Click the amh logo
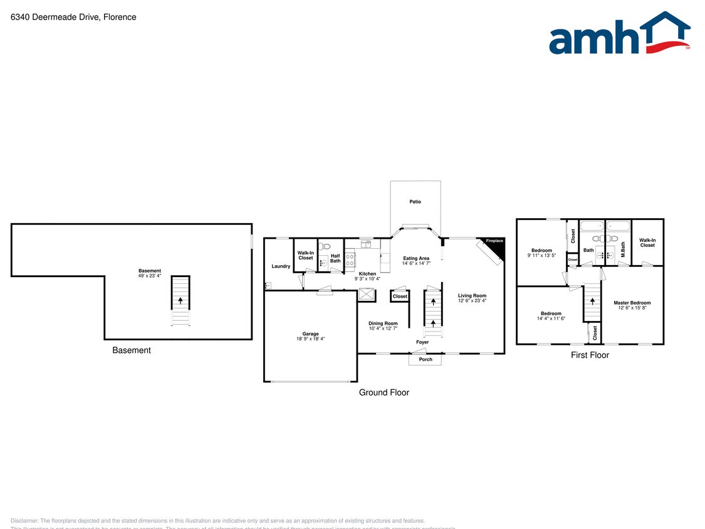(x=619, y=34)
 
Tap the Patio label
(x=415, y=202)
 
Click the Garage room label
(x=310, y=334)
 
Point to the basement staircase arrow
(x=180, y=301)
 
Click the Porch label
(x=426, y=359)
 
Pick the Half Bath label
(x=335, y=258)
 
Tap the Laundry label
(x=281, y=266)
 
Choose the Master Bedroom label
(x=632, y=303)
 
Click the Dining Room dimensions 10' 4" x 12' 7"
(x=383, y=328)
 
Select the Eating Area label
(x=416, y=258)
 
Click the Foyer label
(x=422, y=342)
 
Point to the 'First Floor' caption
(x=590, y=355)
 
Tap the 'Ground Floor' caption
(x=384, y=392)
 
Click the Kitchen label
(x=367, y=274)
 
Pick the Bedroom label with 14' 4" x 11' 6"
(x=551, y=313)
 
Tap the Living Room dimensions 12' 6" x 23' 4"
(x=472, y=301)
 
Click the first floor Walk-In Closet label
(x=647, y=243)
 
